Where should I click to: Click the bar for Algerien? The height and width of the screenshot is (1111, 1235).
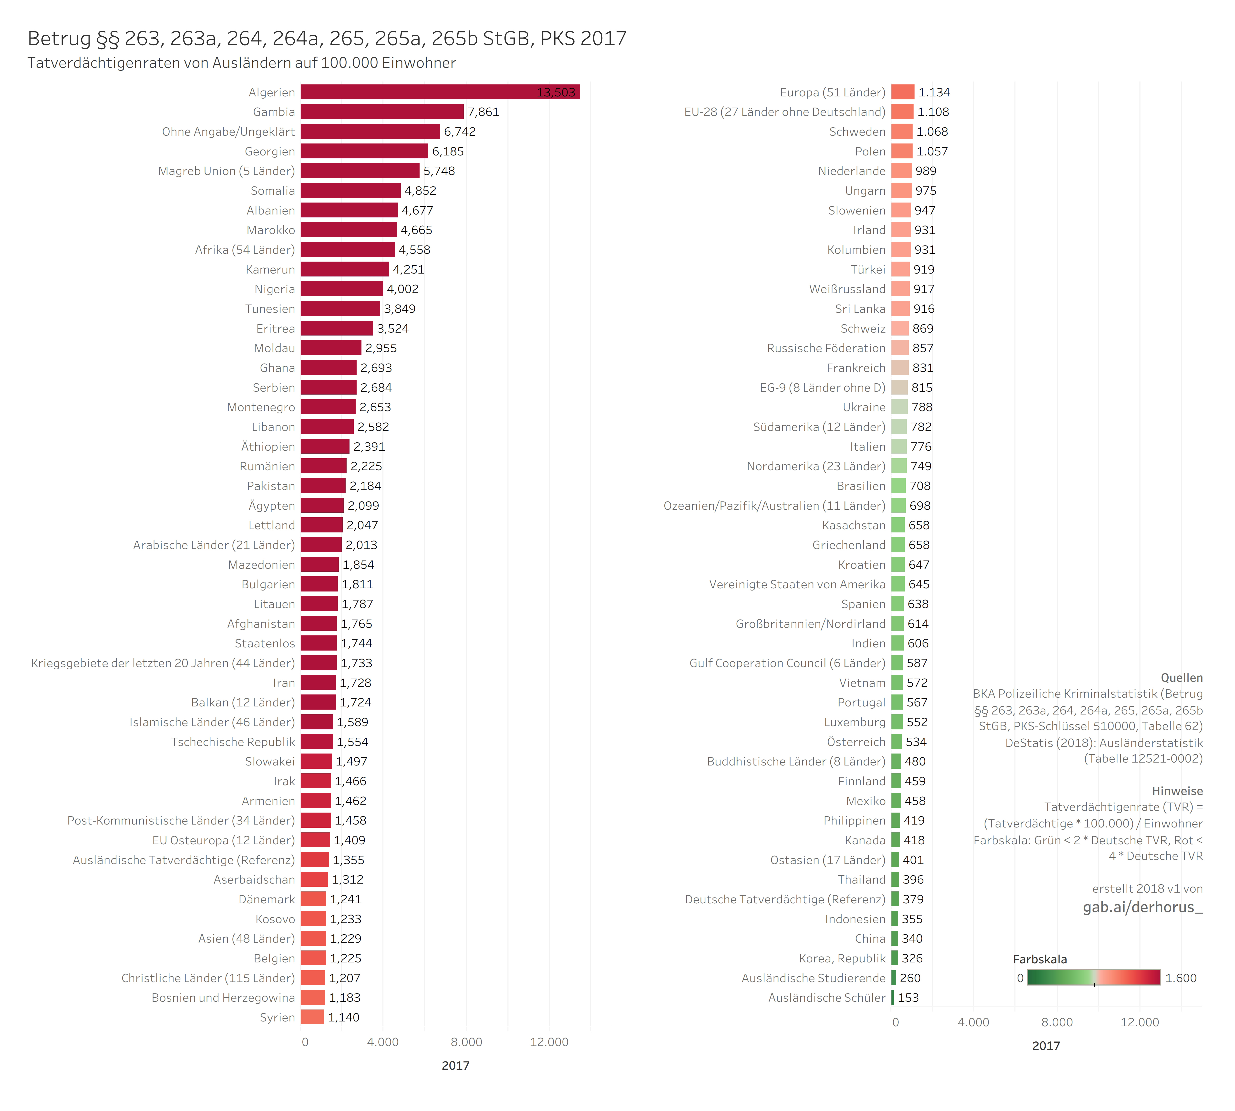[x=440, y=92]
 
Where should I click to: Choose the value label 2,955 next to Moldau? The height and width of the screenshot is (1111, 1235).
[x=381, y=348]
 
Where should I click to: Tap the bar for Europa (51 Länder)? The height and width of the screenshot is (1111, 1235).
[x=902, y=92]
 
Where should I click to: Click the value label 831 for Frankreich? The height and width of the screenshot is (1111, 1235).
[x=922, y=368]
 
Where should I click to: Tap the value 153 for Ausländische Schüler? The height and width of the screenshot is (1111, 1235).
[x=908, y=998]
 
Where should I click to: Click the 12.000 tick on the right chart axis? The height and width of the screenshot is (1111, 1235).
[x=1139, y=1022]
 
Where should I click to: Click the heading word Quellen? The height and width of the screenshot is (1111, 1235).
[x=1181, y=678]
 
